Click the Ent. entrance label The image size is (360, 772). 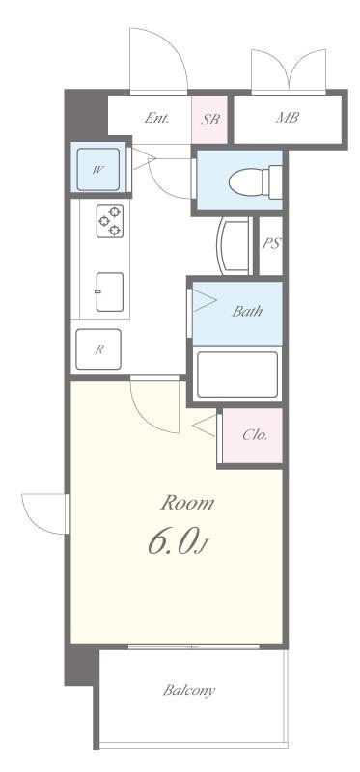pyautogui.click(x=156, y=119)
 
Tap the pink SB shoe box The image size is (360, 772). pyautogui.click(x=209, y=120)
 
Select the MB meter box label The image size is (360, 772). pyautogui.click(x=287, y=119)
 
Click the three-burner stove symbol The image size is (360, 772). pyautogui.click(x=109, y=221)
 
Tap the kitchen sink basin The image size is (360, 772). pyautogui.click(x=108, y=291)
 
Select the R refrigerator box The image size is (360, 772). pyautogui.click(x=98, y=350)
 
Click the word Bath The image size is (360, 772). pyautogui.click(x=246, y=312)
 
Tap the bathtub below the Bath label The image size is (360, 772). pyautogui.click(x=237, y=374)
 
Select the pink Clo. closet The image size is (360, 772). pyautogui.click(x=253, y=435)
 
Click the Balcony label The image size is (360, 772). pyautogui.click(x=188, y=690)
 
